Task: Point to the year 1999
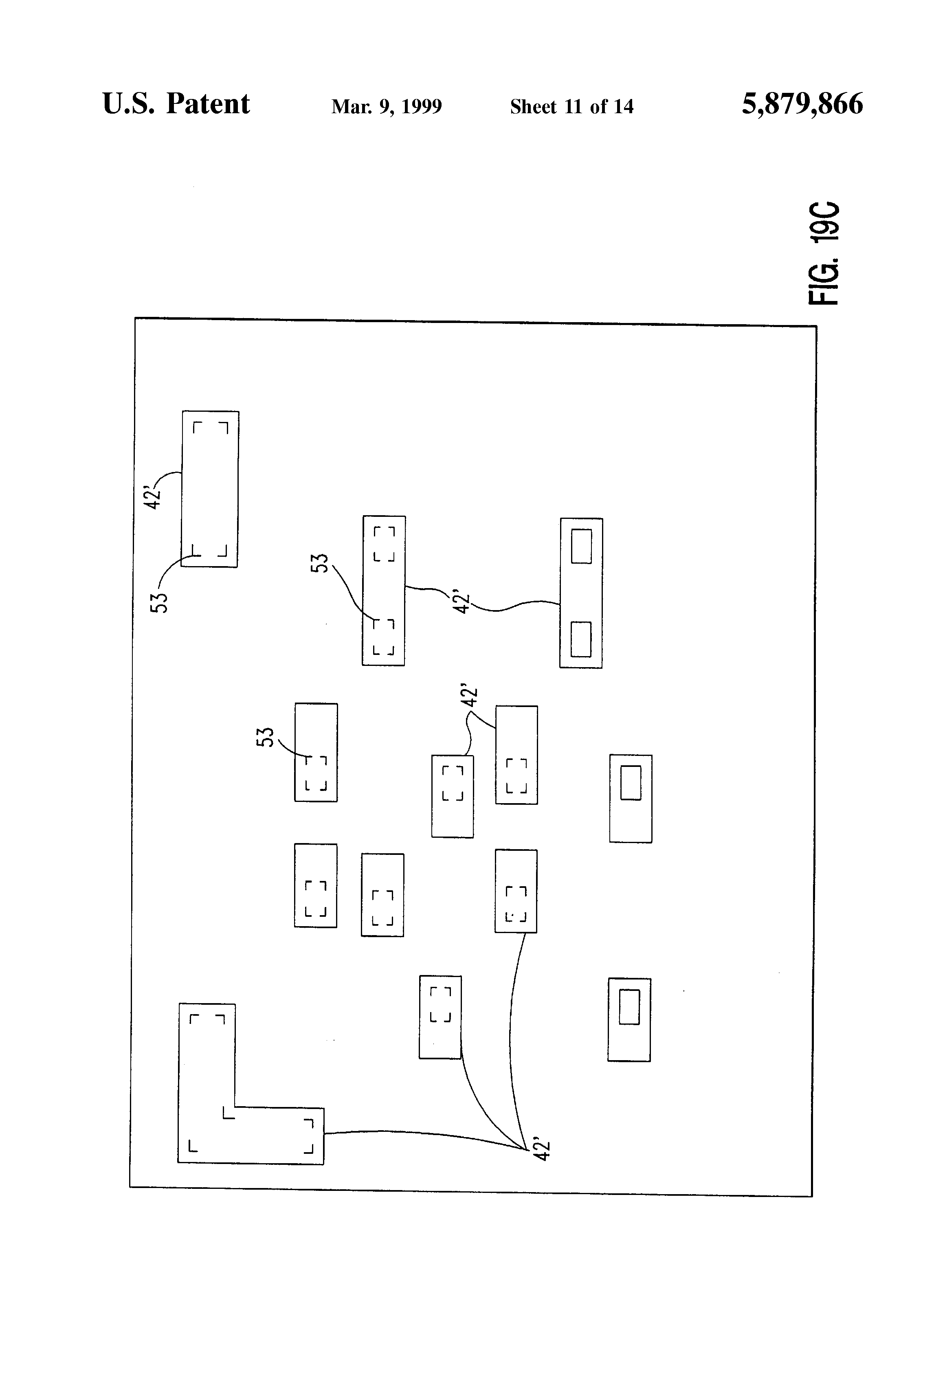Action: pyautogui.click(x=421, y=107)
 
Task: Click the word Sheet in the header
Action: pyautogui.click(x=534, y=107)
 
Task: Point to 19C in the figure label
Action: pyautogui.click(x=824, y=221)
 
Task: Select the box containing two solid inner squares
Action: pyautogui.click(x=580, y=593)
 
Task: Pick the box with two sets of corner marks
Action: pyautogui.click(x=383, y=591)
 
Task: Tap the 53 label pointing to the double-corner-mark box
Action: pyautogui.click(x=320, y=562)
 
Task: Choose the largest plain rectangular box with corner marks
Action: pyautogui.click(x=210, y=489)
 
